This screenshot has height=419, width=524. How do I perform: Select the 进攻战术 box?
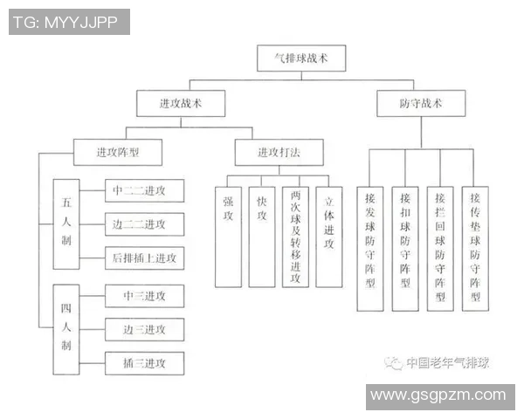[x=180, y=104]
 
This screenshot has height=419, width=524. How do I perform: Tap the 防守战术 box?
[x=421, y=104]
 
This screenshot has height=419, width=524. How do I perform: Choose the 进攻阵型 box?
[x=117, y=152]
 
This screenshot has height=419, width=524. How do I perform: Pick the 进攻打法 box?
[x=278, y=152]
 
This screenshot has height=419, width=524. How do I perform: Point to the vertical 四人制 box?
[x=66, y=324]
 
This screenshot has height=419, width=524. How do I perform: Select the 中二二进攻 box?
[x=144, y=190]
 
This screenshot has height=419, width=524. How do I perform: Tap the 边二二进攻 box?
[x=144, y=223]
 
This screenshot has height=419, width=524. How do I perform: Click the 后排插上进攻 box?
[x=144, y=258]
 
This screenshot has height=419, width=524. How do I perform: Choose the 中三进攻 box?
[x=144, y=295]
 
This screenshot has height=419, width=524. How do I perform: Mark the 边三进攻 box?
[x=144, y=329]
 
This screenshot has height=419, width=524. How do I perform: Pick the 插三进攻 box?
[x=144, y=363]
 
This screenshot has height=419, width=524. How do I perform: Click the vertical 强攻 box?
[x=228, y=236]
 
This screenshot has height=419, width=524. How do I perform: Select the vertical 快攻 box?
[x=261, y=236]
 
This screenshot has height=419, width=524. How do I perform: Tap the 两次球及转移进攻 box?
[x=294, y=236]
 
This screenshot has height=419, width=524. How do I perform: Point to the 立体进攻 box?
[x=328, y=236]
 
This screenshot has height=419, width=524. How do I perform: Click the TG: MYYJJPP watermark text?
[x=68, y=22]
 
